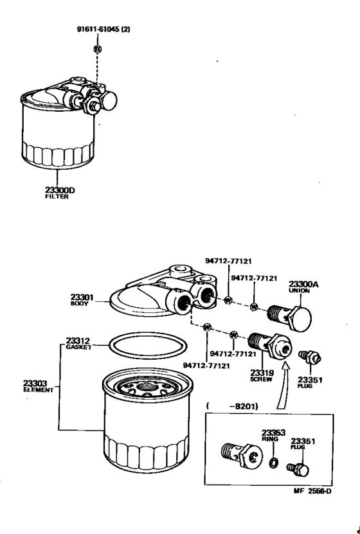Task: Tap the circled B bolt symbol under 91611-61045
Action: pyautogui.click(x=98, y=49)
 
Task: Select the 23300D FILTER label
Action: pyautogui.click(x=57, y=192)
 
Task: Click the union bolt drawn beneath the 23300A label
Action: pyautogui.click(x=293, y=316)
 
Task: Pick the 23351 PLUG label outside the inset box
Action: pyautogui.click(x=310, y=382)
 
